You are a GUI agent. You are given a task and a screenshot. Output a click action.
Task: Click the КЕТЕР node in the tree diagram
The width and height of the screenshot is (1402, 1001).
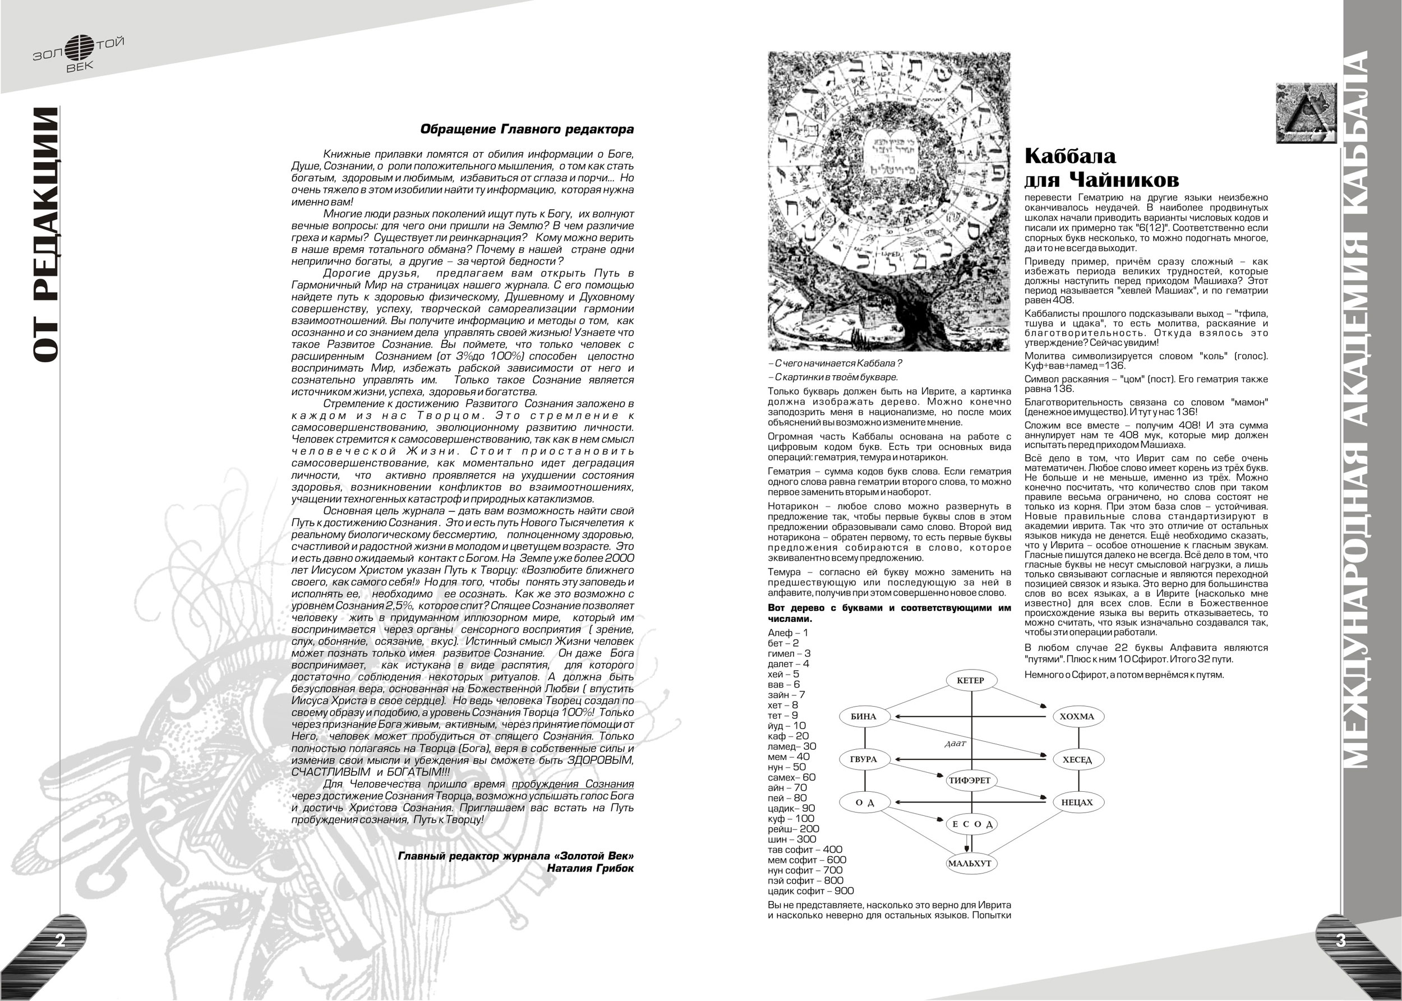[x=971, y=680]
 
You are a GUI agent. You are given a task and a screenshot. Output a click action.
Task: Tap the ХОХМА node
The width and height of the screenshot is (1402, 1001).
[x=1077, y=716]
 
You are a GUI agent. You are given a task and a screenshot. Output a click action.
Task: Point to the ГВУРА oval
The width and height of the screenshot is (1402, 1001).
[x=864, y=759]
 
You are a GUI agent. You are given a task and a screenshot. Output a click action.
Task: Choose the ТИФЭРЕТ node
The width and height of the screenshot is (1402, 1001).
[x=970, y=781]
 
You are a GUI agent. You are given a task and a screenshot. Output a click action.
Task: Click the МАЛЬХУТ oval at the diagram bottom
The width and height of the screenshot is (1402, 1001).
[x=970, y=863]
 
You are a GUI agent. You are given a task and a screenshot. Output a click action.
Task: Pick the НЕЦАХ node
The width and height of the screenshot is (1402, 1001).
[x=1077, y=802]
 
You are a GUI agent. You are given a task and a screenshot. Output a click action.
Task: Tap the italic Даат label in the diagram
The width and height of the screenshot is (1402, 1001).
[x=955, y=744]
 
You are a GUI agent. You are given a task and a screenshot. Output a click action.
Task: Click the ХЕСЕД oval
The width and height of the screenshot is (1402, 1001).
[x=1077, y=760]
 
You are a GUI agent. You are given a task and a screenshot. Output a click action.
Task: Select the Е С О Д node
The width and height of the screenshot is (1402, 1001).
[x=971, y=824]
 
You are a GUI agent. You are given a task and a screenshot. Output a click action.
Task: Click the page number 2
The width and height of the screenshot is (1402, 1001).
[x=61, y=940]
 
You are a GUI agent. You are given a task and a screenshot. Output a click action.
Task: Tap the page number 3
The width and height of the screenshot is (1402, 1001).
[x=1341, y=940]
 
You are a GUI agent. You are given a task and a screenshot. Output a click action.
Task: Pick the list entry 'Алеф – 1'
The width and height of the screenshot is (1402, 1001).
[x=787, y=633]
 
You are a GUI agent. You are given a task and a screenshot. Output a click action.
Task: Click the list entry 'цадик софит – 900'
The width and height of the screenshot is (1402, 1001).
[x=810, y=891]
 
